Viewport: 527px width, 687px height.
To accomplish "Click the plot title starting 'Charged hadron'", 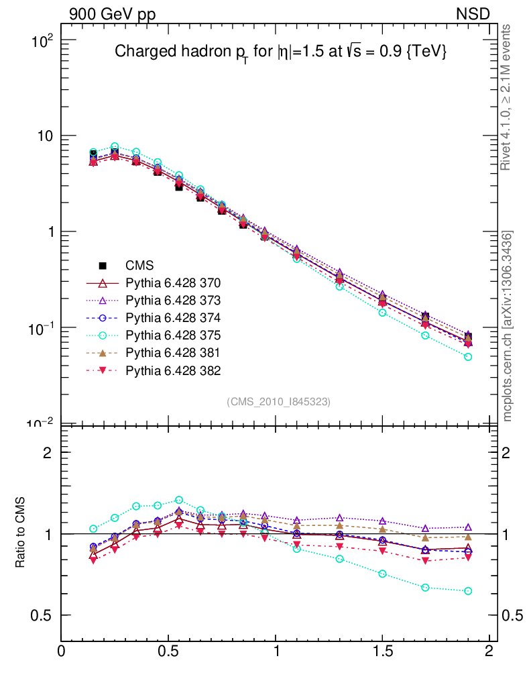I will coord(280,52).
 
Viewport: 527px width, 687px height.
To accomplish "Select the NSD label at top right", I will coord(473,14).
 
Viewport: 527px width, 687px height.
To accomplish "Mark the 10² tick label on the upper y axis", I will coord(42,40).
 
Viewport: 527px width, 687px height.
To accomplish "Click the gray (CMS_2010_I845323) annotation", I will coord(279,401).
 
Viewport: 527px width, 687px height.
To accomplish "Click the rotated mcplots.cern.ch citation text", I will coord(508,326).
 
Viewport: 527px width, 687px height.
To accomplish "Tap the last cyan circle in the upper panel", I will coord(468,357).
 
